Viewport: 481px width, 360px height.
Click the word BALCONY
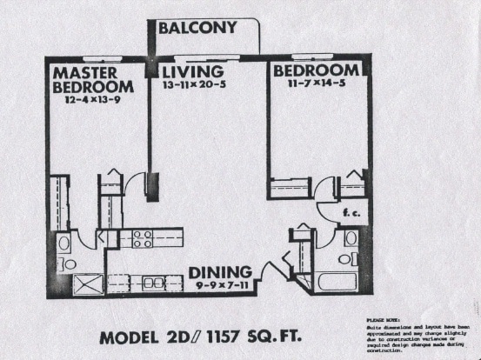(x=197, y=29)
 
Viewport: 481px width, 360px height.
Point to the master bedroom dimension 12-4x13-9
(x=94, y=101)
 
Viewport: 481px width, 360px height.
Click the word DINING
(x=220, y=271)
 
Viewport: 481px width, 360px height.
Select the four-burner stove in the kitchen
(x=143, y=238)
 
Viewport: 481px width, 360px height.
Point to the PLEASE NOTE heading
(x=374, y=321)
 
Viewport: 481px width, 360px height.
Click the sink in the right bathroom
(x=351, y=238)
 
